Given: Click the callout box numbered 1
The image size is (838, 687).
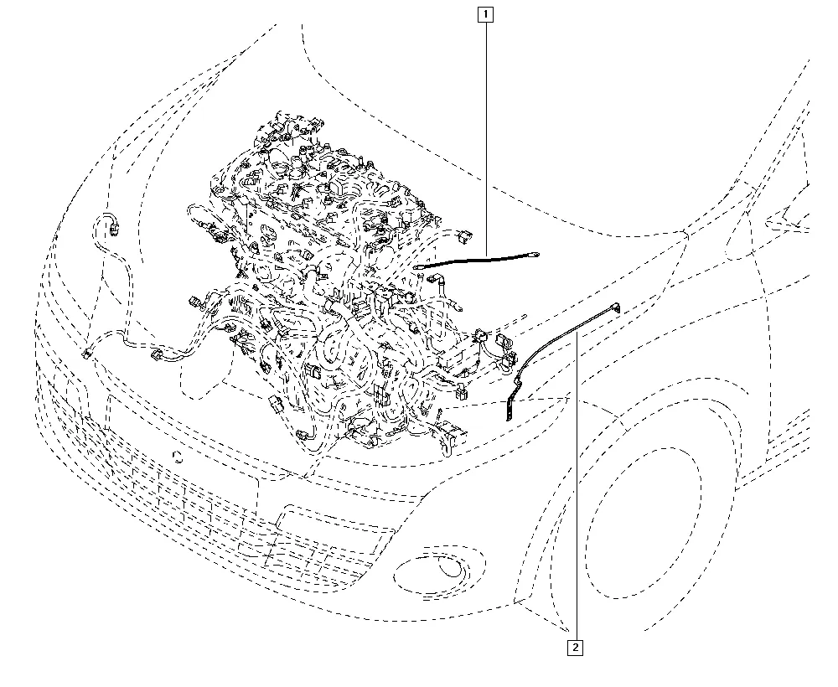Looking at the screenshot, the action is pyautogui.click(x=485, y=14).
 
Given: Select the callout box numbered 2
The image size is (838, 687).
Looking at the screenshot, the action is pyautogui.click(x=575, y=648).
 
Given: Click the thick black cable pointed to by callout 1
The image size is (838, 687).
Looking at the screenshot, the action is pyautogui.click(x=476, y=260).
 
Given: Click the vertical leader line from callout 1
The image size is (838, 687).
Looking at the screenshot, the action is pyautogui.click(x=486, y=139).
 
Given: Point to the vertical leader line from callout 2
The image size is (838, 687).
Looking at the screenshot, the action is pyautogui.click(x=577, y=486).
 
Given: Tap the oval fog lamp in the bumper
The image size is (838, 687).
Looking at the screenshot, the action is pyautogui.click(x=439, y=568).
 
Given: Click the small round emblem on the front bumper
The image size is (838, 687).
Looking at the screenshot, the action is pyautogui.click(x=178, y=457).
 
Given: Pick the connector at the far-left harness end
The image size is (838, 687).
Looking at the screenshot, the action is pyautogui.click(x=86, y=353).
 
